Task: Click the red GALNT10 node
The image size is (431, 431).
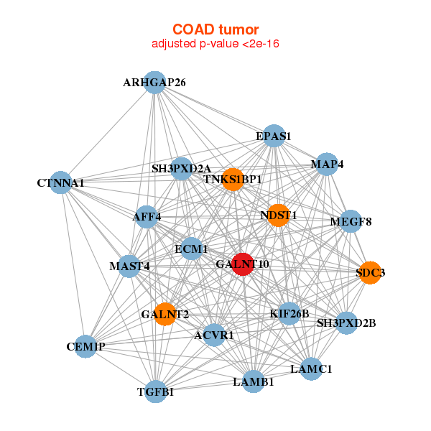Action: click(x=243, y=264)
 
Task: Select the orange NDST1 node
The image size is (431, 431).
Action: click(x=279, y=215)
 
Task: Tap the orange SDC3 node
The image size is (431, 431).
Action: click(x=370, y=273)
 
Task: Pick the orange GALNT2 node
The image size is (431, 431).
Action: click(x=165, y=314)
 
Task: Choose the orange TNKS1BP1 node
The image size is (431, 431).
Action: click(x=233, y=180)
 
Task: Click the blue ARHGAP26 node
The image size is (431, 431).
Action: click(x=154, y=83)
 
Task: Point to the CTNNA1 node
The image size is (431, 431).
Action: click(x=61, y=182)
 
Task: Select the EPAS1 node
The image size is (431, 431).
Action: click(x=274, y=136)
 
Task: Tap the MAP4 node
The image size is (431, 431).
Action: click(x=327, y=164)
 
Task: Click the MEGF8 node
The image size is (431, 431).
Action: click(x=351, y=221)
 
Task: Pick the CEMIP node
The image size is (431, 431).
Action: click(x=85, y=346)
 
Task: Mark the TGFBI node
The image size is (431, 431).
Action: click(x=156, y=391)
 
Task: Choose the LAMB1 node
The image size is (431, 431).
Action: click(x=254, y=381)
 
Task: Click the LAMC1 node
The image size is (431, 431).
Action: click(x=311, y=369)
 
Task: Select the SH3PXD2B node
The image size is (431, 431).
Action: click(x=347, y=323)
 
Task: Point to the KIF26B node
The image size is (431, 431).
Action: click(x=289, y=314)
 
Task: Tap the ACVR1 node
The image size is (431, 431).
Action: click(x=214, y=335)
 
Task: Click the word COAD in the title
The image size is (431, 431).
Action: click(x=193, y=29)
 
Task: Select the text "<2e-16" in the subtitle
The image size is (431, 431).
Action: click(x=261, y=44)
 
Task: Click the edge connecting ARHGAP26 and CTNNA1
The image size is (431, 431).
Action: click(x=108, y=132)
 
